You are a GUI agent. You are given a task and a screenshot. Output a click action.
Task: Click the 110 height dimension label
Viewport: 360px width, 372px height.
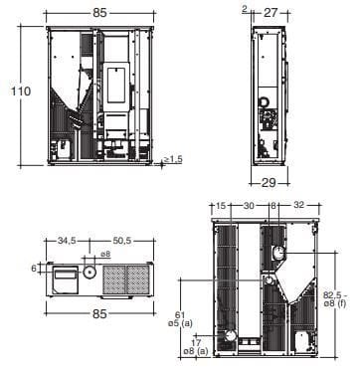21,92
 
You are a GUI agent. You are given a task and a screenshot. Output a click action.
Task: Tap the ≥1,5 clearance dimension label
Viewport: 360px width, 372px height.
173,159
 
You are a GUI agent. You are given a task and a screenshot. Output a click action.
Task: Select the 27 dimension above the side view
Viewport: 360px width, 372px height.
270,13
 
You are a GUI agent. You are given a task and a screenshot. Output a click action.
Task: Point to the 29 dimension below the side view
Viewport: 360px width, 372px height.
269,183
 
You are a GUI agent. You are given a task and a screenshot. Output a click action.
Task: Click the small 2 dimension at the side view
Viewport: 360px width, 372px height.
245,9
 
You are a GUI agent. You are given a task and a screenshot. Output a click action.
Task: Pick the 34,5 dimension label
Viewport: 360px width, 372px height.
67,241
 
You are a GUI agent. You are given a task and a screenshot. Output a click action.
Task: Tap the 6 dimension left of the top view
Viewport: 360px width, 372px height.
34,269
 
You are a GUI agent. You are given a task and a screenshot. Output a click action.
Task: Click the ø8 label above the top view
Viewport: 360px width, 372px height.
105,254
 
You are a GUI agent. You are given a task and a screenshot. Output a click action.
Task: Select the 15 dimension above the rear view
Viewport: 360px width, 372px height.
221,206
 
